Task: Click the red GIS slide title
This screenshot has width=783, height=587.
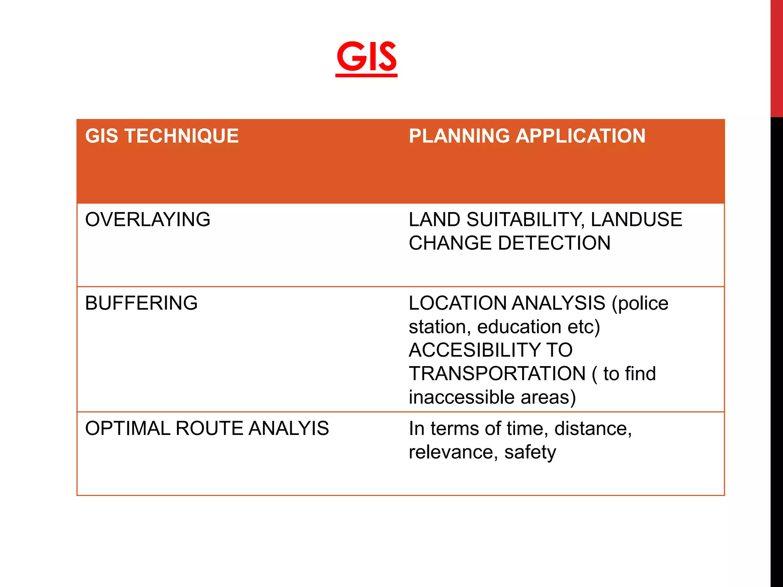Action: (366, 57)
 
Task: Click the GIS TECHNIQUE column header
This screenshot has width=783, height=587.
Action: (162, 136)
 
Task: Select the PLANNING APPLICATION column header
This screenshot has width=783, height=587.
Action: (527, 136)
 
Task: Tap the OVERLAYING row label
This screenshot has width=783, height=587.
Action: (148, 220)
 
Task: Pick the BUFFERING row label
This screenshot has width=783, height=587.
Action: (141, 303)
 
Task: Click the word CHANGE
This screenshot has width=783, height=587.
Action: (450, 243)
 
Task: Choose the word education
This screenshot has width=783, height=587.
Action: (519, 327)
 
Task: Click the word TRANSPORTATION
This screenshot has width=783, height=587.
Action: (497, 374)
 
